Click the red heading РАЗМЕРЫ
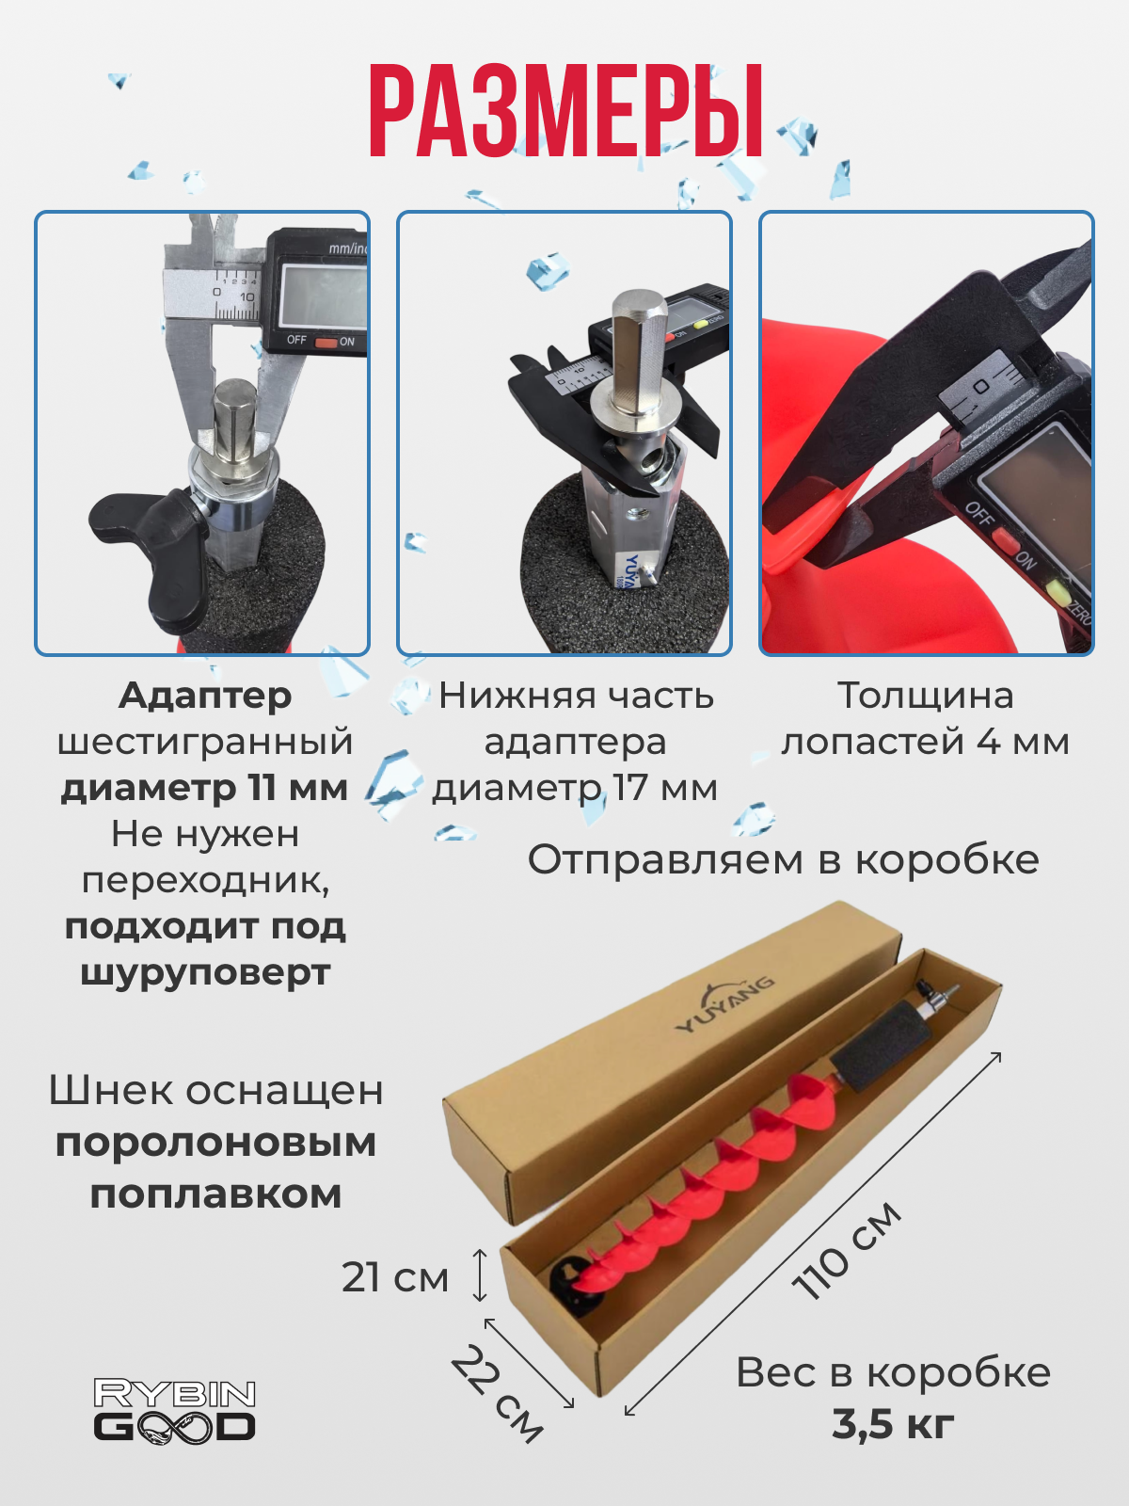pos(566,112)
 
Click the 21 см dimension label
pos(395,1277)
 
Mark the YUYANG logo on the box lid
pos(725,1003)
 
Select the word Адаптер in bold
pos(205,696)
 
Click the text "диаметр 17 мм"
pos(575,788)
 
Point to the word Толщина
pos(926,696)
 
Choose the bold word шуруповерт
pos(205,973)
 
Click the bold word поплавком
pos(215,1194)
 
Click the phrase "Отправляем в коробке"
pos(783,859)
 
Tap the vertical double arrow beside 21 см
pos(480,1274)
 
